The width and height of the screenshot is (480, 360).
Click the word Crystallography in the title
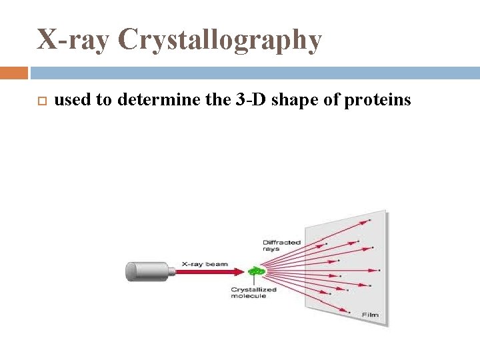[220, 41]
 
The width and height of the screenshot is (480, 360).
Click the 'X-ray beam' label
[205, 264]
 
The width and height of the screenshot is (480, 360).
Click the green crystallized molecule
[256, 271]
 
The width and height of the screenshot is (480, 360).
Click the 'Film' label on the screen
[370, 314]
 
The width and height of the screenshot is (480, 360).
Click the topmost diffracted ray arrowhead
[366, 221]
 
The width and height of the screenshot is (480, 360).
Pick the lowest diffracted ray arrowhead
[347, 311]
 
